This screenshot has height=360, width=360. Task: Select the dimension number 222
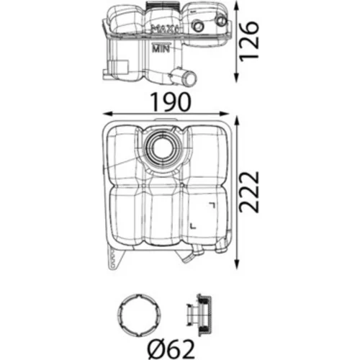(250, 192)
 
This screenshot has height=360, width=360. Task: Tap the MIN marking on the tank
(161, 49)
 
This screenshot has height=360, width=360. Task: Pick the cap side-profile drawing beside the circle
(199, 315)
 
